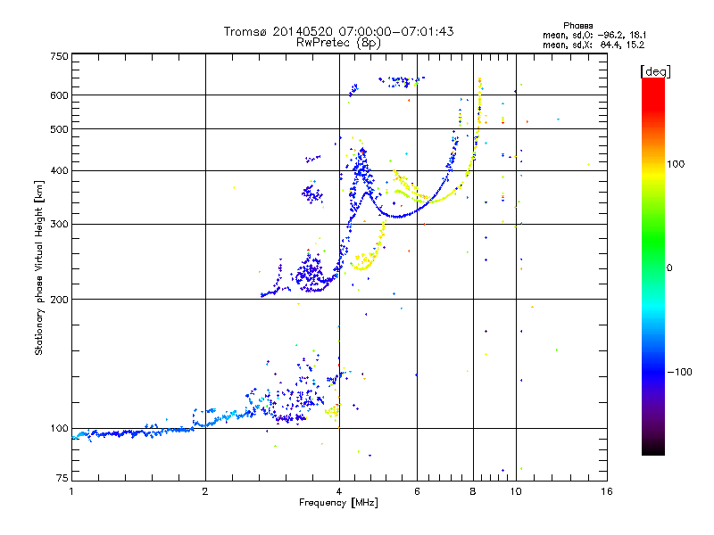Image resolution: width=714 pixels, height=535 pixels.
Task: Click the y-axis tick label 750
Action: (x=59, y=55)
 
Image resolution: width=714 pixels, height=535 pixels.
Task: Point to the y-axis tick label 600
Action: (x=59, y=95)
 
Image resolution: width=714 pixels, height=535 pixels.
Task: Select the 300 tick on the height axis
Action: (x=59, y=224)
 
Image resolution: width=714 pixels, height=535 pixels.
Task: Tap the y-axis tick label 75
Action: (x=62, y=480)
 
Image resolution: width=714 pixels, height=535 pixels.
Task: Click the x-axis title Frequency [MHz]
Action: (x=338, y=504)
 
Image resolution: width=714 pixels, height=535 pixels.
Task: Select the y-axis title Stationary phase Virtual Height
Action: (x=39, y=267)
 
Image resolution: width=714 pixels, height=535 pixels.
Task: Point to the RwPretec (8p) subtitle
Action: (x=338, y=42)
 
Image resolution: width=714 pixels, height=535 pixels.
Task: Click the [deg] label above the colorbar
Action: (x=653, y=70)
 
